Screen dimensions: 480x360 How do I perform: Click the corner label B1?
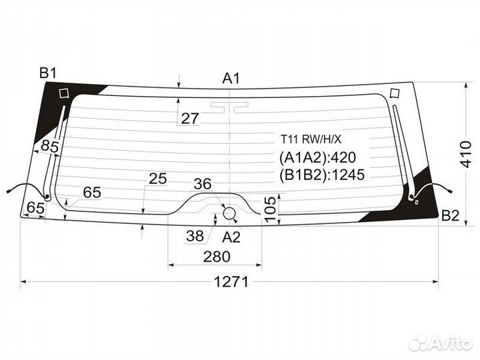(49, 73)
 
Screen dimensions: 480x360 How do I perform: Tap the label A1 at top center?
(231, 79)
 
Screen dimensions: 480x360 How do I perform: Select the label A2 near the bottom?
(231, 237)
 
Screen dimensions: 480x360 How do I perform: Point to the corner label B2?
(450, 216)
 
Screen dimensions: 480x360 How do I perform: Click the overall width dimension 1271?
(231, 281)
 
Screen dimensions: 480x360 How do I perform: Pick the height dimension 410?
(466, 154)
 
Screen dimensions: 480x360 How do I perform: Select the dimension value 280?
(217, 257)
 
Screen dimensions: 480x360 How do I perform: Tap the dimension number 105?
(271, 209)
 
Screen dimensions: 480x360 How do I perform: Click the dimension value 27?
(190, 118)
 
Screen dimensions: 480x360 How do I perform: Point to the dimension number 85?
(50, 146)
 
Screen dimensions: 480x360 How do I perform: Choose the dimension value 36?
(203, 184)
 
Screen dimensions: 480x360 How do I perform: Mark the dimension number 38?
(195, 236)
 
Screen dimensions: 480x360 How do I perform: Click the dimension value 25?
(157, 179)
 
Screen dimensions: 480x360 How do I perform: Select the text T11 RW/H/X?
(311, 139)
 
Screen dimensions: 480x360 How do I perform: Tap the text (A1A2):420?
(317, 157)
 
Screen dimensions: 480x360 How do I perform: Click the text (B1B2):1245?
(322, 175)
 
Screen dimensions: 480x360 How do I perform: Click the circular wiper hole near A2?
(229, 213)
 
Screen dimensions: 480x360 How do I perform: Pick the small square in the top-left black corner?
(64, 93)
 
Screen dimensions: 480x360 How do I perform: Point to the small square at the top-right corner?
(395, 93)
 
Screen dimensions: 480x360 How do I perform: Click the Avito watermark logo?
(440, 343)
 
